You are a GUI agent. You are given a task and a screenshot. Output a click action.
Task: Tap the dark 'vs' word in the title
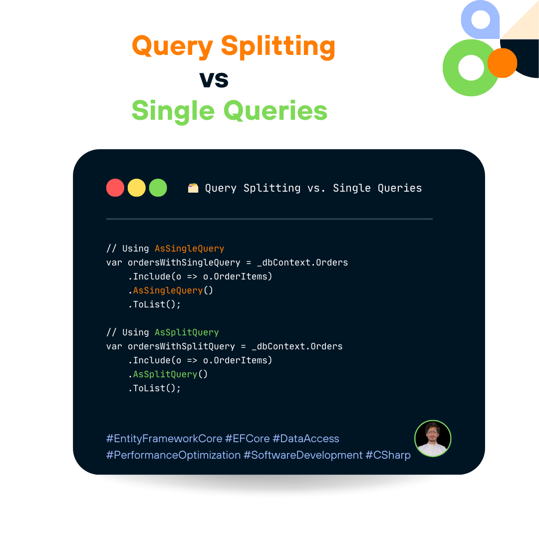click(x=214, y=79)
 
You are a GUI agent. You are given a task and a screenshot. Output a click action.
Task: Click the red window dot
click(x=115, y=188)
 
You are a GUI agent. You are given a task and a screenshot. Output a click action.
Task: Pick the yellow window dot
click(x=137, y=188)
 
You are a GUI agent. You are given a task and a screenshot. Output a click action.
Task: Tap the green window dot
click(x=158, y=188)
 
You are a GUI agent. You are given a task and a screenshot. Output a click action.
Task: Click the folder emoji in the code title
click(x=193, y=188)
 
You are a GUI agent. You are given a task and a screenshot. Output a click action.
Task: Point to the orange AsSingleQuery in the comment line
click(x=189, y=249)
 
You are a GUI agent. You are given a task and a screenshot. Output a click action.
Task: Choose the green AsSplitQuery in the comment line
click(x=187, y=332)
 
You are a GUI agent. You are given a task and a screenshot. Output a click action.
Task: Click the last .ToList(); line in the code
click(x=154, y=388)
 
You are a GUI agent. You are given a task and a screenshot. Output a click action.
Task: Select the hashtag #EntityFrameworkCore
click(x=164, y=439)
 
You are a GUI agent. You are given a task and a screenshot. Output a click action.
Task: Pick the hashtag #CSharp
click(x=388, y=455)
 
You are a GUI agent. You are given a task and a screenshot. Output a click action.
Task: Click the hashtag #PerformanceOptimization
click(x=173, y=455)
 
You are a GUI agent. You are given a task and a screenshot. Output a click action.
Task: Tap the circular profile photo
click(x=433, y=439)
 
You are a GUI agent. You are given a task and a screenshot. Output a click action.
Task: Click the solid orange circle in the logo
click(x=502, y=63)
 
